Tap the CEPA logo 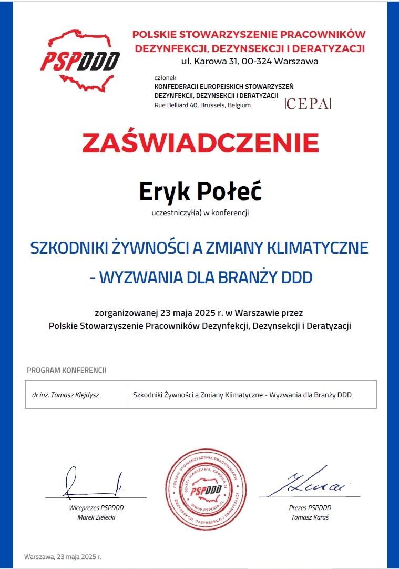coord(308,104)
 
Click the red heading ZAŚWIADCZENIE coord(200,143)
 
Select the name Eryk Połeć coord(200,192)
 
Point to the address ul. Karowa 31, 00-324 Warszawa coord(250,62)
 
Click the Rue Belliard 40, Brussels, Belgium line coord(202,105)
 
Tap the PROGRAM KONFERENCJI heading coord(67,370)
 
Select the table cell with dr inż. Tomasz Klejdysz coord(76,394)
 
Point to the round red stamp coord(206,489)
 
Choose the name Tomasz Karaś coord(310,517)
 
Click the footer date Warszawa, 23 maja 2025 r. coord(63,556)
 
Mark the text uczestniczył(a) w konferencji coord(200,213)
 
